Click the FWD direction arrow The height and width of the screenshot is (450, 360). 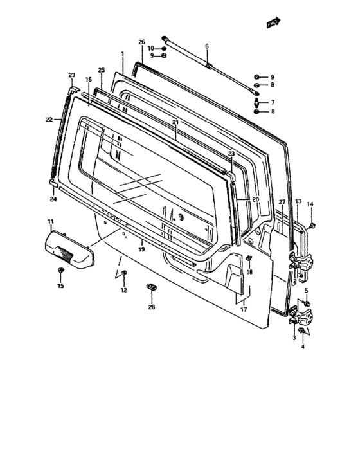tap(274, 24)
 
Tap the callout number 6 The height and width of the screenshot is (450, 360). tap(207, 46)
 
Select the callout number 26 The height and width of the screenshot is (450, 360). tap(141, 42)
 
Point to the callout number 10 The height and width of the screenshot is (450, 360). tap(151, 48)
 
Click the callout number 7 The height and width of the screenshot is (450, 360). tap(272, 102)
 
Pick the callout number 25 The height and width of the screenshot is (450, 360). tap(101, 69)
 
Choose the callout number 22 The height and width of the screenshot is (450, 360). tap(49, 119)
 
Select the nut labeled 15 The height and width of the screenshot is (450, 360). tap(60, 270)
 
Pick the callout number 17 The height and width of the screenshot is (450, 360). tap(243, 309)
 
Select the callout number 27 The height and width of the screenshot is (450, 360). tap(282, 202)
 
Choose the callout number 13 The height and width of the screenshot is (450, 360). tap(298, 202)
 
